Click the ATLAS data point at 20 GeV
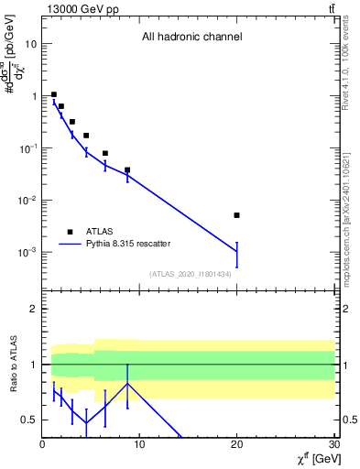pyautogui.click(x=236, y=215)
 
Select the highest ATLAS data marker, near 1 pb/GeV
pyautogui.click(x=54, y=94)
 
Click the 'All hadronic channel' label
pyautogui.click(x=191, y=38)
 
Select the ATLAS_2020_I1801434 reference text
pyautogui.click(x=191, y=274)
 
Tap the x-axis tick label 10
pyautogui.click(x=139, y=446)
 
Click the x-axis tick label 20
pyautogui.click(x=236, y=446)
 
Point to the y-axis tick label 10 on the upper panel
pyautogui.click(x=31, y=44)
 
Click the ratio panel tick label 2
pyautogui.click(x=33, y=310)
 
